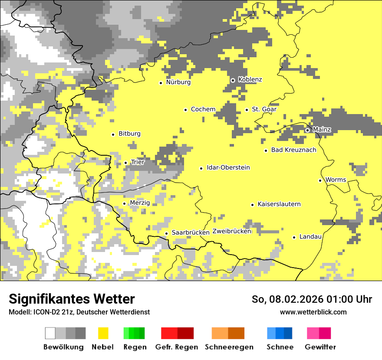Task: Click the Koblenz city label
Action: pos(250,80)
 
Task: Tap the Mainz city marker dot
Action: pos(307,130)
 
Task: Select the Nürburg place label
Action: pos(178,82)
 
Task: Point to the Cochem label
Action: pos(203,109)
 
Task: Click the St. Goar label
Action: pos(264,109)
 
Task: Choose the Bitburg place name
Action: pos(129,134)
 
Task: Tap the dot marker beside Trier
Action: pos(126,163)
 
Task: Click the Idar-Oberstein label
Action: pos(228,168)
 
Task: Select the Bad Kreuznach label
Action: pos(293,150)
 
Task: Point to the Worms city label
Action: pos(336,180)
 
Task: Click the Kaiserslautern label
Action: pos(279,204)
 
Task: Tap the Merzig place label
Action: pos(140,203)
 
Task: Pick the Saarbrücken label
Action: pos(191,232)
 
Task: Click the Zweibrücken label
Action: pos(232,231)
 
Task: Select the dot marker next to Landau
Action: pos(294,237)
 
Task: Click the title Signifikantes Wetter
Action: pos(72,299)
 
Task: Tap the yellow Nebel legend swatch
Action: pos(103,333)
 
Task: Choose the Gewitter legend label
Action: pos(320,347)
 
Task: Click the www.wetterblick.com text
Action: pos(313,312)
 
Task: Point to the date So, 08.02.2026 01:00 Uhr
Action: pos(312,299)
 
